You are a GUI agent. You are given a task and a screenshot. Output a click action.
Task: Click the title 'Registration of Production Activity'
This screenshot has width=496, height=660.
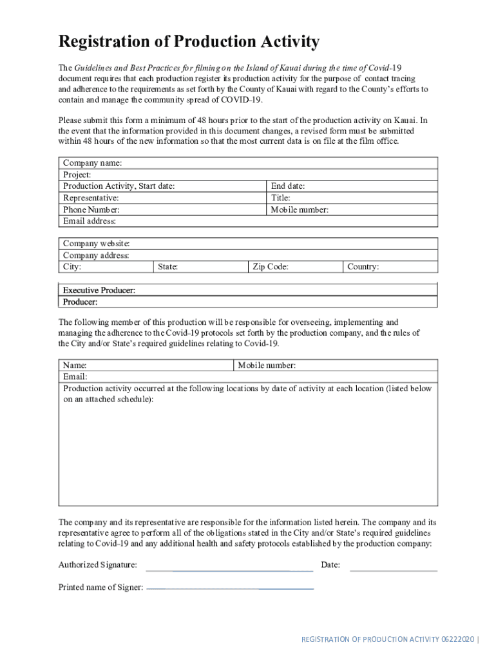[189, 43]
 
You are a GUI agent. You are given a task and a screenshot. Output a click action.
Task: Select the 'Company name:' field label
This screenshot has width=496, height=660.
[92, 163]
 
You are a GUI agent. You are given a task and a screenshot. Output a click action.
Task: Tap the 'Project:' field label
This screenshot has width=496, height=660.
[77, 175]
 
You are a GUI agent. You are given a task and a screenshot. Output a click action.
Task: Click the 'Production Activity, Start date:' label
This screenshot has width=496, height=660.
[119, 186]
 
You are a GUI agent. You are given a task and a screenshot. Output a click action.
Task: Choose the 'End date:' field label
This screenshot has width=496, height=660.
[288, 186]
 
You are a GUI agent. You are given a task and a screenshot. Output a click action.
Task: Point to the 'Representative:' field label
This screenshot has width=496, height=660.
[91, 198]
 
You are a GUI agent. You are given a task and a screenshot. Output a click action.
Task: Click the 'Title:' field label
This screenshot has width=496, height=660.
[280, 198]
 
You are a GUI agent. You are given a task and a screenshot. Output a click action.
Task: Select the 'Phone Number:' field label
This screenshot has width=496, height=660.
[91, 209]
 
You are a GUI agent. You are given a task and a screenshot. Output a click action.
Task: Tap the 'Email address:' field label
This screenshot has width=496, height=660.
[90, 221]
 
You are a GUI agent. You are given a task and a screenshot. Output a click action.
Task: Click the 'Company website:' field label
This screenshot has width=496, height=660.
[96, 244]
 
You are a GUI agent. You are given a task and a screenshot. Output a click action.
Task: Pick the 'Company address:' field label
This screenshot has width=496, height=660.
[96, 255]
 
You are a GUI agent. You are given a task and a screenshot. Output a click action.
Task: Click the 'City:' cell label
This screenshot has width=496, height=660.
[72, 267]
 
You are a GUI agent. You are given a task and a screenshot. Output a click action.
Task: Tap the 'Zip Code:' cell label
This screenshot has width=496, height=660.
[270, 267]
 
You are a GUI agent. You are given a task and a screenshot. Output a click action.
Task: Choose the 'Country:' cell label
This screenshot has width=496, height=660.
[363, 267]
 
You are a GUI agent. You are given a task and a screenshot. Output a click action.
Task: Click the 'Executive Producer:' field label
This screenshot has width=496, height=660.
[99, 291]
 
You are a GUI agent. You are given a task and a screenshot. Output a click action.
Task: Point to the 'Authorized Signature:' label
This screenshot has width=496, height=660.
[97, 565]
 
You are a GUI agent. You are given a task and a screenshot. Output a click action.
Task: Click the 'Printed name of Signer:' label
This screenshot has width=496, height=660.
[100, 587]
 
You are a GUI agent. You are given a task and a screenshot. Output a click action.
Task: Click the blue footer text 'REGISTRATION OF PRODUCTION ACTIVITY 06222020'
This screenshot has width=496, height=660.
[388, 639]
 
